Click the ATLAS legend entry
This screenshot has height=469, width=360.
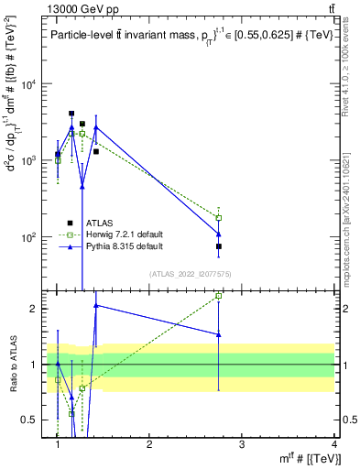[x=99, y=223]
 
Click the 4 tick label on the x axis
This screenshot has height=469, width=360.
[x=334, y=444]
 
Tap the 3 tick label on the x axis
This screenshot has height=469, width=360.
[x=242, y=444]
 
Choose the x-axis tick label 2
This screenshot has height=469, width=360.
[x=150, y=444]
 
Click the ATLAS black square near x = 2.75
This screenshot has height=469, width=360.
[x=219, y=246]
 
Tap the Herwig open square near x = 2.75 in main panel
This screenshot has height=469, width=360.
[x=219, y=218]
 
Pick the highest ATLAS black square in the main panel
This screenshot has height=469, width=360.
[x=71, y=114]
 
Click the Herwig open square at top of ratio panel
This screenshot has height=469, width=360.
[x=219, y=296]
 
